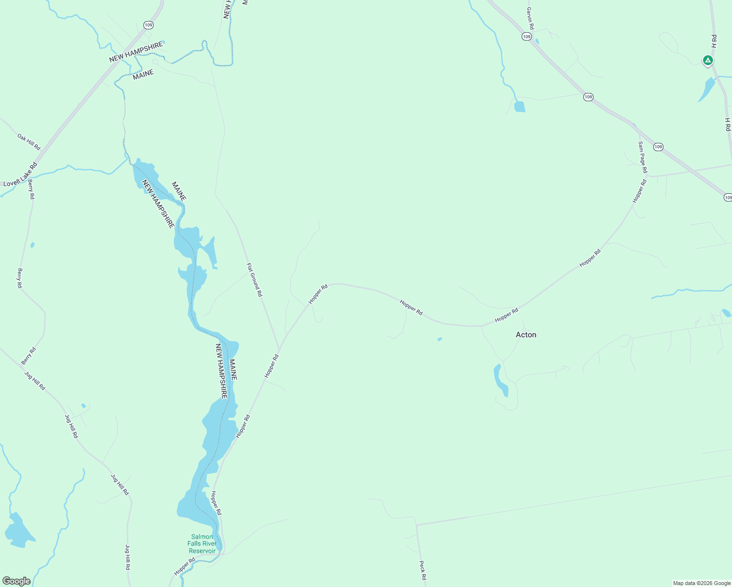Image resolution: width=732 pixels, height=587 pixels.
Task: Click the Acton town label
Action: click(x=526, y=335)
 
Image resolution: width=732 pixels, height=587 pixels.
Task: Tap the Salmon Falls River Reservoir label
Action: click(x=202, y=544)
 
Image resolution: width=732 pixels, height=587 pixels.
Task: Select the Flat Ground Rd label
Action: click(x=254, y=280)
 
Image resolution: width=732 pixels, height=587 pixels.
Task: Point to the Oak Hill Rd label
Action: click(x=29, y=142)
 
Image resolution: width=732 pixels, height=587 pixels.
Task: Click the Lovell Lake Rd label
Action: click(x=20, y=175)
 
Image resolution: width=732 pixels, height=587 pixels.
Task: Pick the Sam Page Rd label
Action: click(x=642, y=157)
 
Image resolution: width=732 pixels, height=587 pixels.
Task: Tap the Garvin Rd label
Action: click(x=530, y=18)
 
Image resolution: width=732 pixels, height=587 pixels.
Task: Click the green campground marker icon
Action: click(x=708, y=61)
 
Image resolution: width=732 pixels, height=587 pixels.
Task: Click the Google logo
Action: click(x=17, y=581)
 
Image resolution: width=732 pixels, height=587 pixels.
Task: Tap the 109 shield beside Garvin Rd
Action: click(x=526, y=37)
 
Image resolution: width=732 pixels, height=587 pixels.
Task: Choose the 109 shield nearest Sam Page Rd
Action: click(x=658, y=147)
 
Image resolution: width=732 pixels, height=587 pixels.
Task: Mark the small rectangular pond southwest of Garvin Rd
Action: click(x=520, y=107)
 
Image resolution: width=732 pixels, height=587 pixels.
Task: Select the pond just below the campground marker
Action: click(x=706, y=90)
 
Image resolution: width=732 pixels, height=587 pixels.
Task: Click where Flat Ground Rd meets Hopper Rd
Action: click(x=279, y=350)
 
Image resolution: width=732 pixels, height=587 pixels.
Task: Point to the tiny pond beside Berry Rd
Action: click(x=32, y=245)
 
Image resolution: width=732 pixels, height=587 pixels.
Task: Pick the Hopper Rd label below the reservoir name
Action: click(x=184, y=566)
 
